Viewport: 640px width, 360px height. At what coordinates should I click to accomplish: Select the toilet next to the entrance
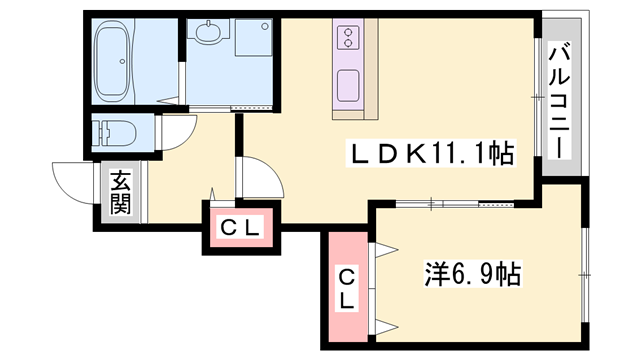(x=112, y=133)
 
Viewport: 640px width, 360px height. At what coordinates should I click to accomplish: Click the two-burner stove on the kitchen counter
(x=349, y=38)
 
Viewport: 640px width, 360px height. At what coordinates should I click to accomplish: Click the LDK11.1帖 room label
(x=430, y=154)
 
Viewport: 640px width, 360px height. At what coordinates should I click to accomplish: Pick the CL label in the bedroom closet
(x=346, y=288)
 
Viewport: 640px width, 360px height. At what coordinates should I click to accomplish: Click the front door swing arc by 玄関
(x=74, y=180)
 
